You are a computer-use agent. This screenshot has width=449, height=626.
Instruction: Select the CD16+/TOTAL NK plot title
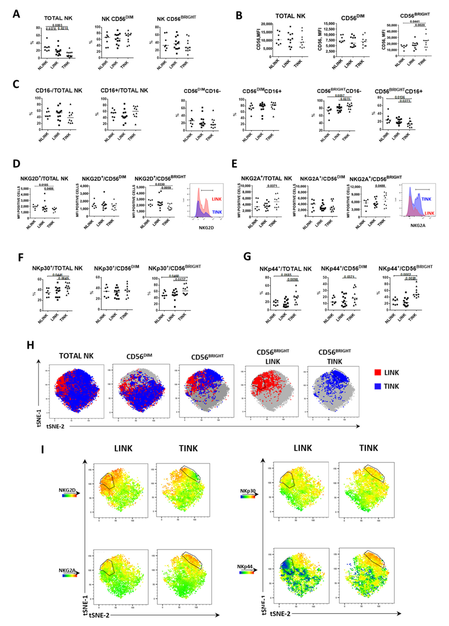coord(124,90)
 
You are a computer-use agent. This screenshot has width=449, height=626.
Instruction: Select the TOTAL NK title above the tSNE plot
coord(76,356)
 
